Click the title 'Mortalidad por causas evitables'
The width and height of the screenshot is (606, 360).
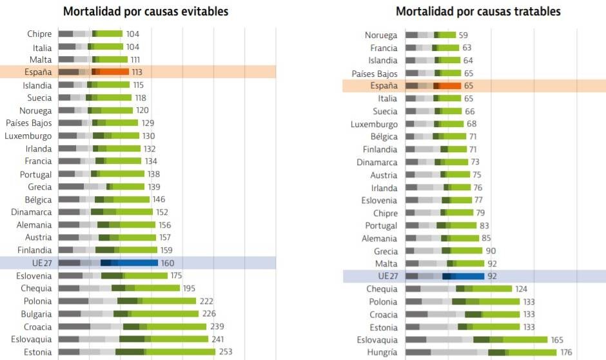(146, 12)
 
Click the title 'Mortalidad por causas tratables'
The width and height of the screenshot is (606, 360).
(478, 12)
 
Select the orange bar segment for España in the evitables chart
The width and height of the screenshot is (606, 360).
(114, 72)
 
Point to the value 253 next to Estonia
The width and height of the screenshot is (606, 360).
(225, 352)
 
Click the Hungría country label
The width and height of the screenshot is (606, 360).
(382, 352)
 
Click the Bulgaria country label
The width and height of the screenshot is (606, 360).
(36, 314)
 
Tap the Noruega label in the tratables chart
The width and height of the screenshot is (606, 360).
(381, 35)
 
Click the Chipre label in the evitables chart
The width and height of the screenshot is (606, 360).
(39, 34)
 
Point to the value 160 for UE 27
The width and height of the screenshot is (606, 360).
(167, 263)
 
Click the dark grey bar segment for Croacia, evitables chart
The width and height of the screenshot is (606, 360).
(74, 326)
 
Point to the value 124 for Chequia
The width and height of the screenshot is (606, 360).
(523, 288)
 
